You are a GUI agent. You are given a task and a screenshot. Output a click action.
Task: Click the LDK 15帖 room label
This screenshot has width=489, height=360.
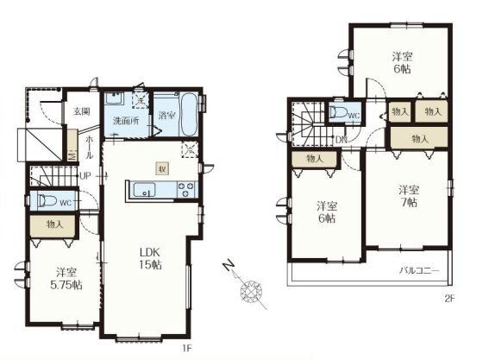pos(150,258)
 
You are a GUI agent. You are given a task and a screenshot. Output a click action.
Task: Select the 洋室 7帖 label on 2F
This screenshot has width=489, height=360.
pos(409,196)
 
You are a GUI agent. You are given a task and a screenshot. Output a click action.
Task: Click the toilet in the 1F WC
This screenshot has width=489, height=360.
pos(47,201)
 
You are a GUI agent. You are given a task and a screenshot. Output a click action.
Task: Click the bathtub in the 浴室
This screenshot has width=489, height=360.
pos(189,115)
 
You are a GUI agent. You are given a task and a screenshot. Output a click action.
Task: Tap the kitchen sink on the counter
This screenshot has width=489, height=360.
pos(144,190)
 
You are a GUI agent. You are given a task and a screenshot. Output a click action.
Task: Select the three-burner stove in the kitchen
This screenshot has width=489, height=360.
pos(185,190)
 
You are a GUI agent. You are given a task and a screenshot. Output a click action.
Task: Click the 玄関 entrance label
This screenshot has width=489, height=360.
pos(82,111)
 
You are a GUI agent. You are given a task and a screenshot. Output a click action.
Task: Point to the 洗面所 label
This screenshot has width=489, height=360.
pos(126,121)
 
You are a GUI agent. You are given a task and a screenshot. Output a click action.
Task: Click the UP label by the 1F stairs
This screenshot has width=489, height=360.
pos(85,176)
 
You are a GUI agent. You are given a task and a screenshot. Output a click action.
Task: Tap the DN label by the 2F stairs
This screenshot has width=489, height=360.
pos(342,140)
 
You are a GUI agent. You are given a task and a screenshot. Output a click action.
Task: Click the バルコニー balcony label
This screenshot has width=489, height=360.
pos(419,270)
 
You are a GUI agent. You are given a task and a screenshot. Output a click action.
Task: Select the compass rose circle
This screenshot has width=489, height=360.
pos(251,292)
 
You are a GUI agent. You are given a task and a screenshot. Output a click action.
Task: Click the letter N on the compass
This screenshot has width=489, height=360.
pos(229,265)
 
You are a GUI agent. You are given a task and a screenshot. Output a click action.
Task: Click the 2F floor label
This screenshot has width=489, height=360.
pos(449,299)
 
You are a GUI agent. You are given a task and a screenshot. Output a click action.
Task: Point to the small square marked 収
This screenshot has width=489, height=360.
pos(162,169)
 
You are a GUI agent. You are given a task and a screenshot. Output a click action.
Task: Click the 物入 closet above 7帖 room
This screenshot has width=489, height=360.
pos(420,139)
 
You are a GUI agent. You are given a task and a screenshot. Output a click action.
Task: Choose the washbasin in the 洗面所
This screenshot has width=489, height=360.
pos(115,98)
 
